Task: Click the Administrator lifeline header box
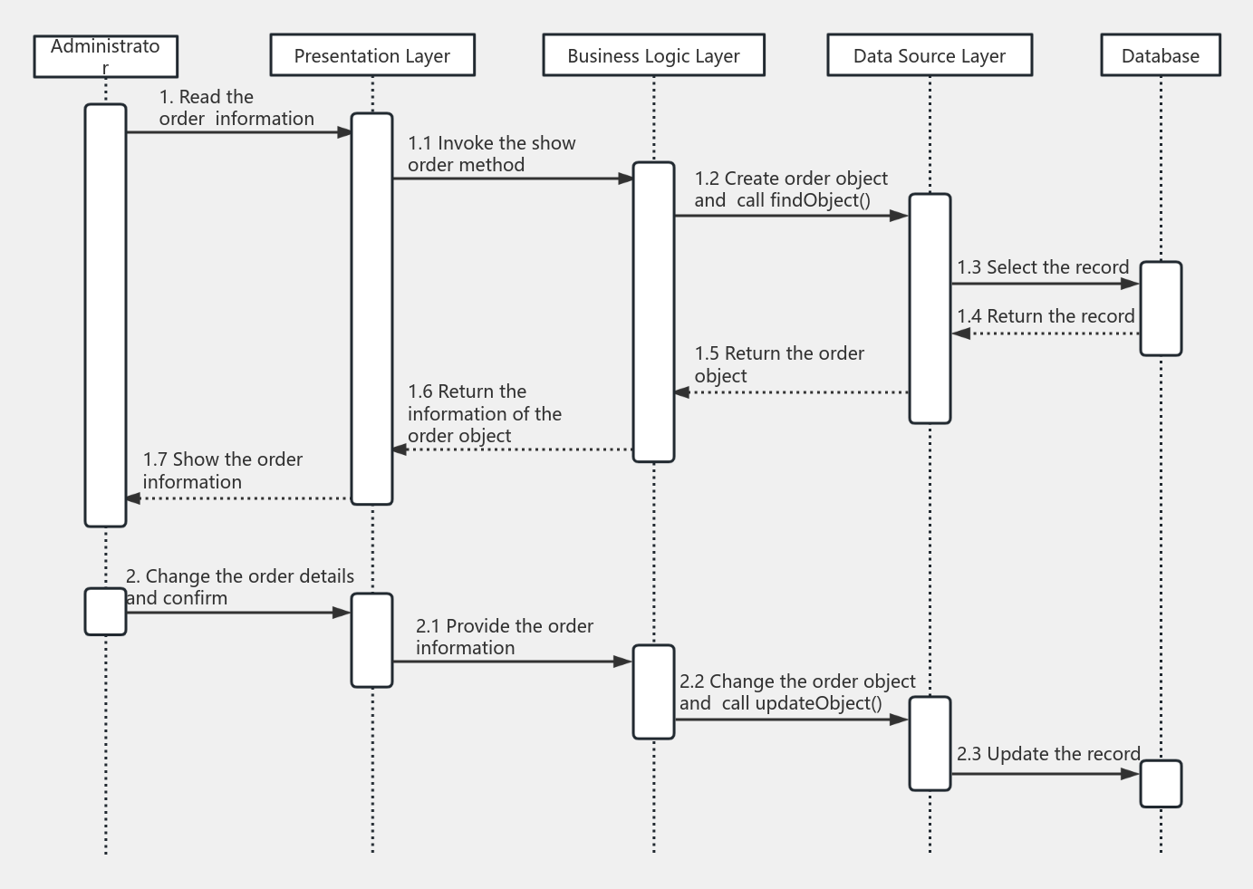[105, 56]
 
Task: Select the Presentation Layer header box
[372, 56]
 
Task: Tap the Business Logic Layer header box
[653, 56]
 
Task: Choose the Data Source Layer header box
[930, 56]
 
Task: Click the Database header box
[1161, 56]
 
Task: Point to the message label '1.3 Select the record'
[1043, 267]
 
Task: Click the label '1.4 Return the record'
[1046, 316]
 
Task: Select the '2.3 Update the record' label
[1048, 754]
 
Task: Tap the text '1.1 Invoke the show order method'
[491, 154]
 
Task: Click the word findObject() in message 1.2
[820, 200]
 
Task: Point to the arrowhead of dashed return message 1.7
[133, 498]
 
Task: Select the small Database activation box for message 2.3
[1161, 784]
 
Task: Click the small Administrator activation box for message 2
[105, 612]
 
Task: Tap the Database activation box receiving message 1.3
[1161, 309]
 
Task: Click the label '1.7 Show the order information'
[223, 470]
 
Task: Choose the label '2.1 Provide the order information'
[505, 637]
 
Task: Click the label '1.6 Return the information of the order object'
[485, 413]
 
